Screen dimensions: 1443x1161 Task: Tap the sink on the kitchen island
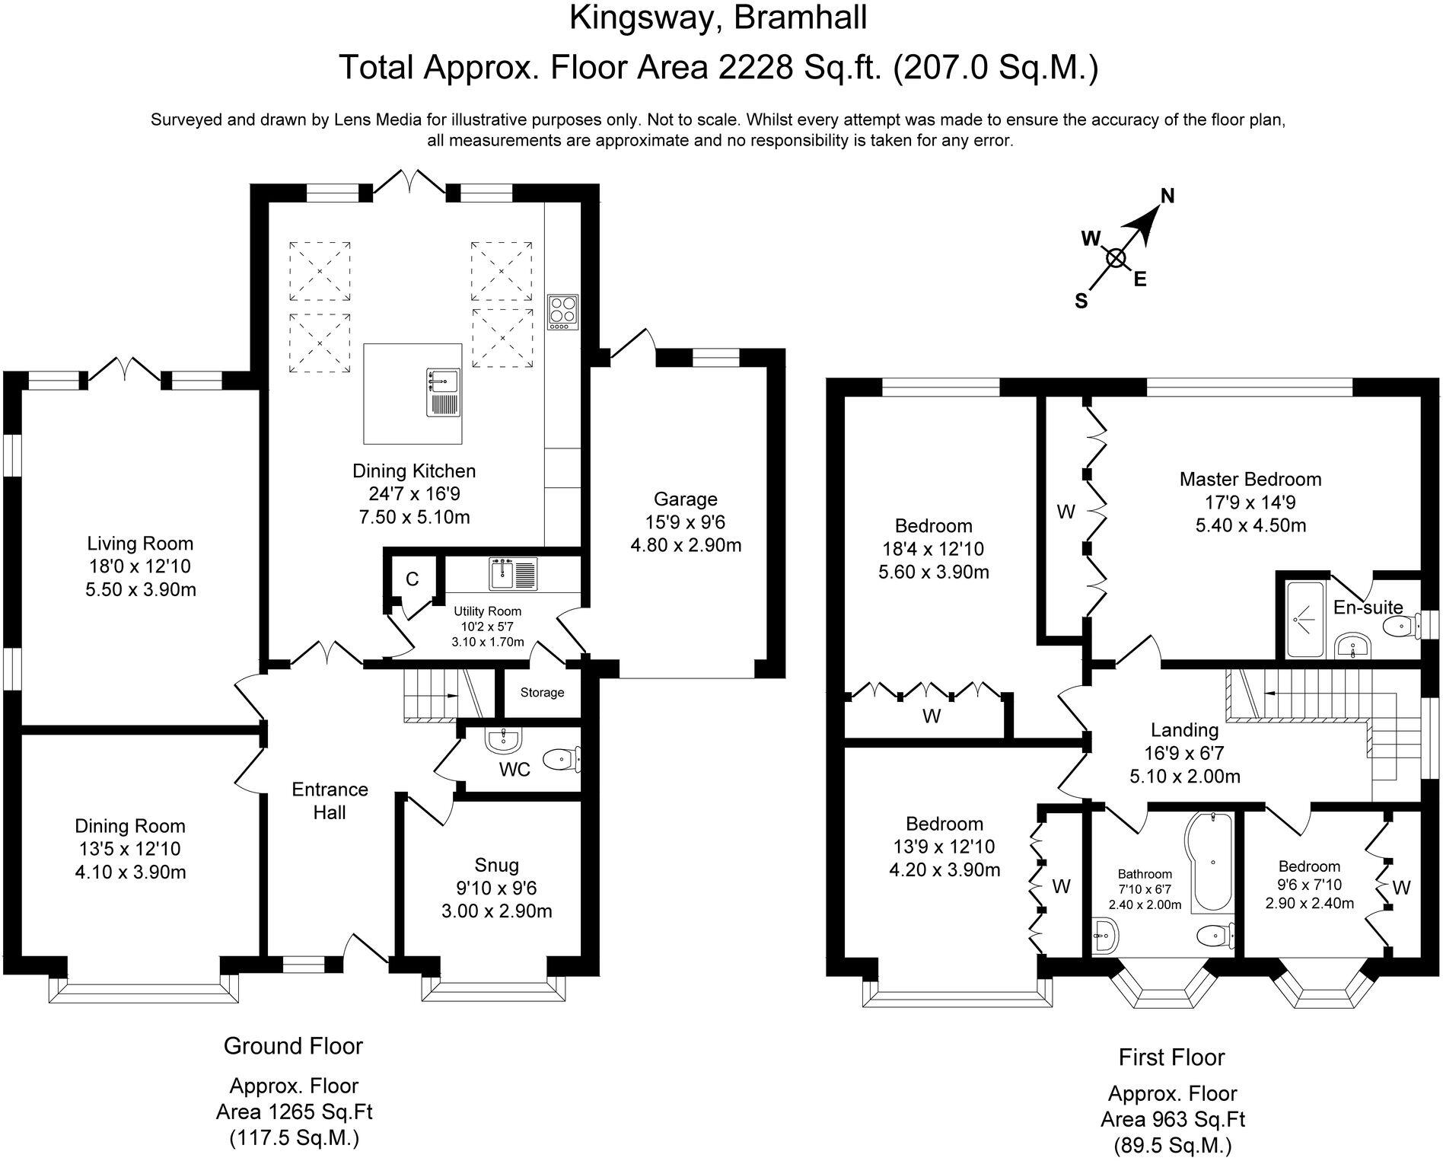(x=444, y=391)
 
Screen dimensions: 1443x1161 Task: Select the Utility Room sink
(x=514, y=573)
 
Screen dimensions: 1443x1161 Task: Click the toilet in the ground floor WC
(x=561, y=758)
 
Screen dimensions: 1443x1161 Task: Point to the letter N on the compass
(x=1167, y=196)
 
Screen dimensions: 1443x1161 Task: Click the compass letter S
(x=1081, y=301)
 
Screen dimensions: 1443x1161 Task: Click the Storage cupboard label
(x=543, y=693)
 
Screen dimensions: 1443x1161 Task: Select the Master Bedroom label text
(x=1250, y=480)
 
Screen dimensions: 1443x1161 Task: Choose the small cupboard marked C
(x=412, y=580)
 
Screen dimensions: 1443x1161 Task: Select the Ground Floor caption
(x=293, y=1046)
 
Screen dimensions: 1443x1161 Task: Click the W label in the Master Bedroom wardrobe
(x=1066, y=512)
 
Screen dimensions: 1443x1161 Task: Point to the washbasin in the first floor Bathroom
(x=1105, y=935)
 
